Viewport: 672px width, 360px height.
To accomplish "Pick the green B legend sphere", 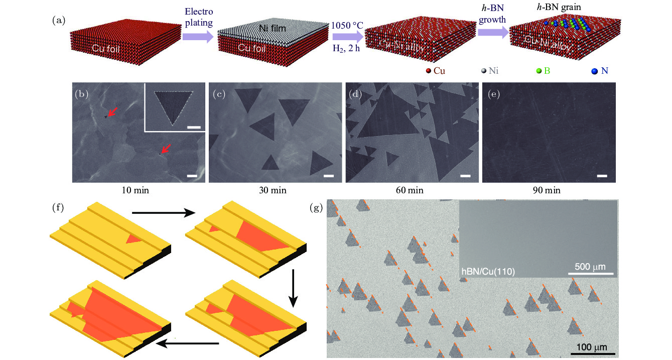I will point(539,71).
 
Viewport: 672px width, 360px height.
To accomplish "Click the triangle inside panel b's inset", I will point(174,106).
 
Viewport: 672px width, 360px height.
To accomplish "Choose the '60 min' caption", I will point(410,190).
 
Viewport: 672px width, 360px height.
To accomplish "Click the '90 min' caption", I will point(547,190).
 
